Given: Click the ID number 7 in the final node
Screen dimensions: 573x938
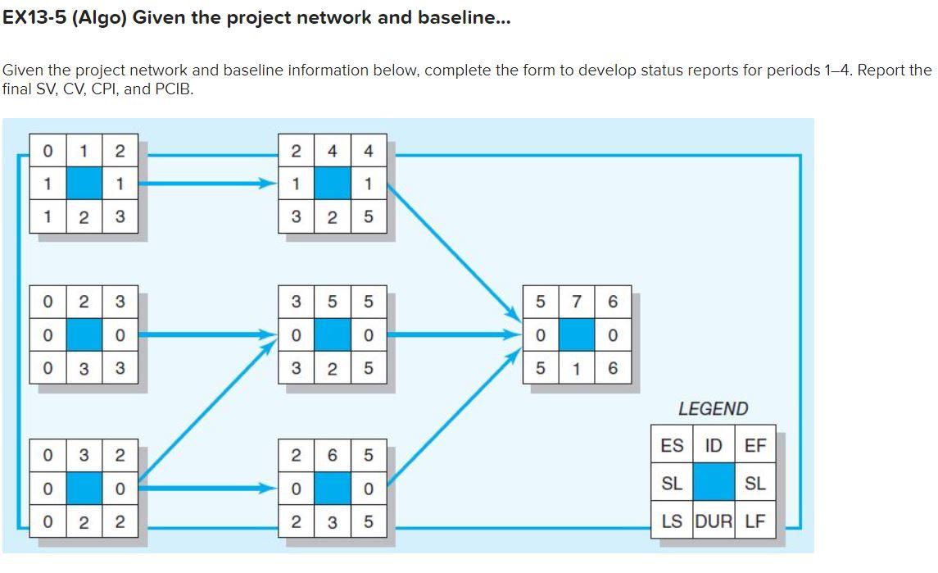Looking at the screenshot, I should click(577, 302).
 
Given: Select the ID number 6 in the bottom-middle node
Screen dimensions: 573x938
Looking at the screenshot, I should click(332, 454).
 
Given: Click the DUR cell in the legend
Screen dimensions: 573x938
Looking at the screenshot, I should click(714, 521).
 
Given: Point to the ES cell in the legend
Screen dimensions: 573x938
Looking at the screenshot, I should click(672, 446).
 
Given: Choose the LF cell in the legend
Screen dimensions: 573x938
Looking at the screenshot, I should click(755, 521).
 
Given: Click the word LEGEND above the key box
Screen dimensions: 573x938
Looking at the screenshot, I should click(713, 408).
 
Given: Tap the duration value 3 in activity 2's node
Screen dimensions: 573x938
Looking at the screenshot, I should click(84, 368).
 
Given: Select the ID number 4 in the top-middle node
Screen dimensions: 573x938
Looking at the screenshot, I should click(332, 151).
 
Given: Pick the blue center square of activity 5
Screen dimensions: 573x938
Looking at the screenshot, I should click(332, 335).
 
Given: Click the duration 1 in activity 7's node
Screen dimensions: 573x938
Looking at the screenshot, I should click(577, 368).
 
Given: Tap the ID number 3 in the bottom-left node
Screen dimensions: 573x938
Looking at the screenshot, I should click(84, 454).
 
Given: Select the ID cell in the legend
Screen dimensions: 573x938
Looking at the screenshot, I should click(714, 446).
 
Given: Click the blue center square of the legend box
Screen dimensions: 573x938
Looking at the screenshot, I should click(714, 484).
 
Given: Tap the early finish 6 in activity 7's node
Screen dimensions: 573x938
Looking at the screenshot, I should click(613, 302).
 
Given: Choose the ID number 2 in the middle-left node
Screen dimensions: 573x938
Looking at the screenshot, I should click(84, 302).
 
